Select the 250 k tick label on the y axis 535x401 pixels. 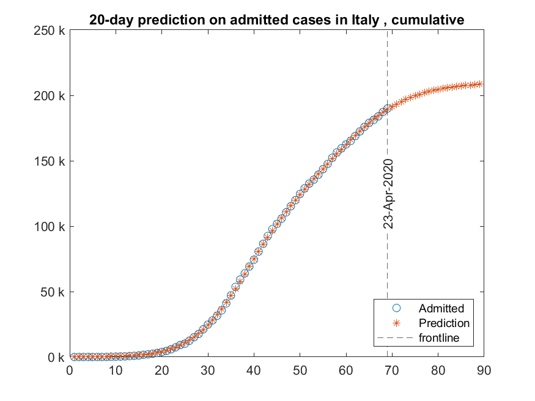tap(50, 31)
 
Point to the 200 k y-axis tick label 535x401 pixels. tap(50, 96)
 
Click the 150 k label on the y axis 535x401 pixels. tap(50, 161)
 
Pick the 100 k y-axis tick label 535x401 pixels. tap(50, 227)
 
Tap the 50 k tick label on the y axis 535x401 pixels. tap(53, 292)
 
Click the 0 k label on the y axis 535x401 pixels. tap(56, 358)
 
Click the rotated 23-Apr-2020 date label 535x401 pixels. tap(388, 193)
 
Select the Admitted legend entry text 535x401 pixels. tap(441, 308)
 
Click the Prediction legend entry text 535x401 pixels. tap(444, 323)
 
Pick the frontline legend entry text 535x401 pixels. tap(438, 337)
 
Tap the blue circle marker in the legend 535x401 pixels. tap(396, 308)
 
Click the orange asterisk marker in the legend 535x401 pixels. tap(396, 323)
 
